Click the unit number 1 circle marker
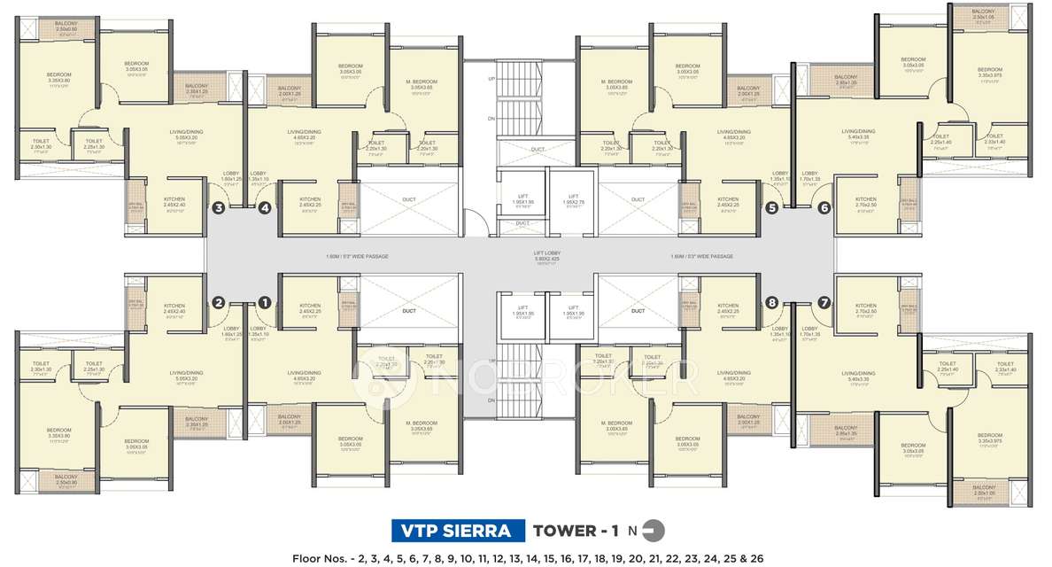click(x=264, y=302)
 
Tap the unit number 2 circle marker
click(x=219, y=302)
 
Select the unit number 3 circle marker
click(x=219, y=209)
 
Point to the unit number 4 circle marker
click(x=264, y=209)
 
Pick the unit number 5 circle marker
click(x=771, y=209)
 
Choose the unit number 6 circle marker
click(x=824, y=209)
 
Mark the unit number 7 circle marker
click(x=824, y=302)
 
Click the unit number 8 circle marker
click(x=771, y=302)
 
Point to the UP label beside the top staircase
click(x=491, y=78)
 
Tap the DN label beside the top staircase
click(x=491, y=117)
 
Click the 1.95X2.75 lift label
click(x=573, y=199)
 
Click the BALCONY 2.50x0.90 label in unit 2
click(x=66, y=478)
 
